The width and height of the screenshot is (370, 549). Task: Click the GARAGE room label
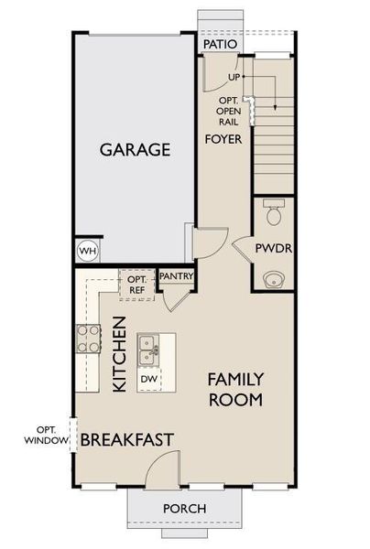point(135,149)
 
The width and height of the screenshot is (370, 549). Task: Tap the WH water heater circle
point(88,251)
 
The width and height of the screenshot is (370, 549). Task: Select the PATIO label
point(220,43)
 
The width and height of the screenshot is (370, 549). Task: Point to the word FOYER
point(223,140)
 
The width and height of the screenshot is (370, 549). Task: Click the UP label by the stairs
point(234,77)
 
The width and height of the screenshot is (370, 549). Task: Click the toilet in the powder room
point(273,214)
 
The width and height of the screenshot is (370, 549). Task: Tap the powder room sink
point(272,277)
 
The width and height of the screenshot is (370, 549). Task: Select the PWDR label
point(272,248)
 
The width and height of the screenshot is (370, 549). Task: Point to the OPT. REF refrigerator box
point(137,285)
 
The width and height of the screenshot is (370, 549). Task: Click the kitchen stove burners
point(88,339)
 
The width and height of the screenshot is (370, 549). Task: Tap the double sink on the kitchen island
point(150,347)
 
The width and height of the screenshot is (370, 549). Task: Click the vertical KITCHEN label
point(119,354)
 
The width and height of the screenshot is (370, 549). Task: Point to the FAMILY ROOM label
point(235,389)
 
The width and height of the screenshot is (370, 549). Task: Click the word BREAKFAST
point(126,440)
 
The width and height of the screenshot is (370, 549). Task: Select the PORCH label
point(184,509)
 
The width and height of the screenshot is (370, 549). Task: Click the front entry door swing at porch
point(161,468)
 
